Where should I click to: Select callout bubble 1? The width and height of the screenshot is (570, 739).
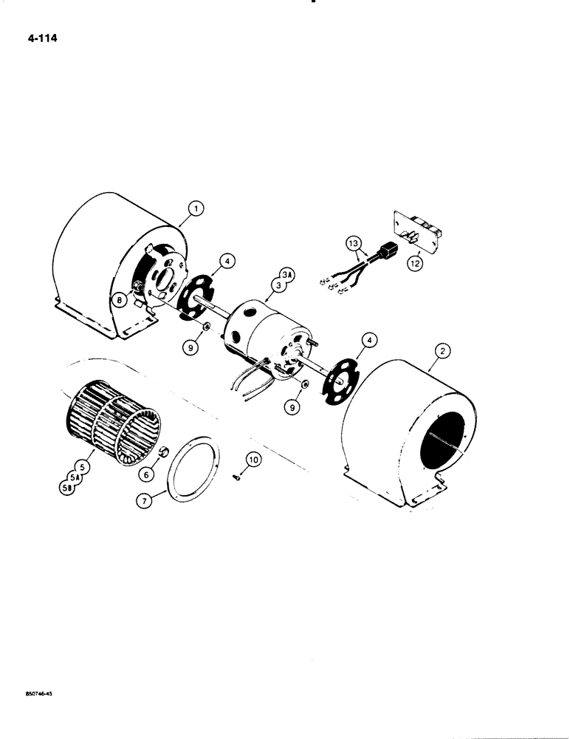(195, 210)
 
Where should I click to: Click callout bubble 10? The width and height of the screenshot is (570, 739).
(253, 460)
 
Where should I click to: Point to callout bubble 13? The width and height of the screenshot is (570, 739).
(353, 242)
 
